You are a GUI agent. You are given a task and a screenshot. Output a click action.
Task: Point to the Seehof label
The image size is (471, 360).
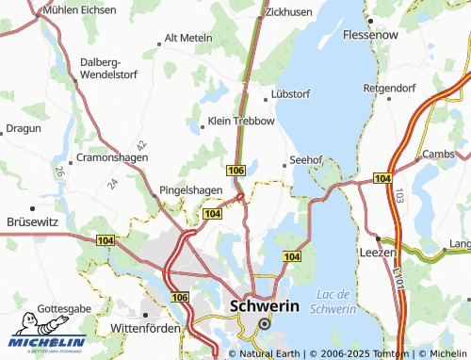click(307, 159)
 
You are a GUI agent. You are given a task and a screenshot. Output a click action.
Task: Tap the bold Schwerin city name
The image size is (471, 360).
click(265, 306)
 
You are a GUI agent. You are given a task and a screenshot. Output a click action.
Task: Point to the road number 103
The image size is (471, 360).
click(398, 198)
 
